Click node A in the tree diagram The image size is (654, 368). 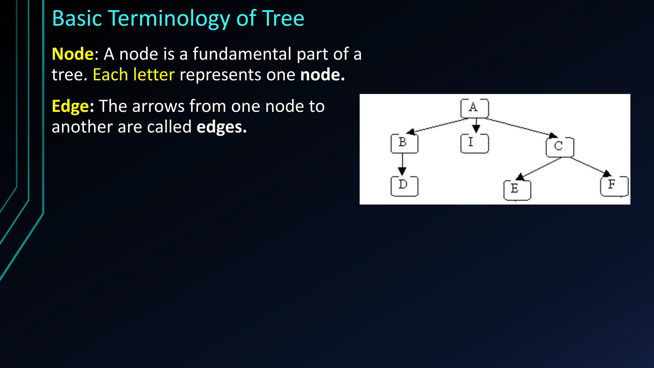[x=474, y=108]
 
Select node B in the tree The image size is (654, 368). [x=404, y=143]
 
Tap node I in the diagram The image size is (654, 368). [x=474, y=143]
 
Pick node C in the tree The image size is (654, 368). [x=559, y=147]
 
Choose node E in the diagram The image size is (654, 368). [x=517, y=190]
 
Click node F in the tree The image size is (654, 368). [x=614, y=186]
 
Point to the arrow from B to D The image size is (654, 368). [x=402, y=164]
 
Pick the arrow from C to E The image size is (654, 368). [x=540, y=168]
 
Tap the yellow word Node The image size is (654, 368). [x=72, y=54]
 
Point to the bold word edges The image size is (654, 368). [x=221, y=127]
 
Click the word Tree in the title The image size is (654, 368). [x=283, y=19]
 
